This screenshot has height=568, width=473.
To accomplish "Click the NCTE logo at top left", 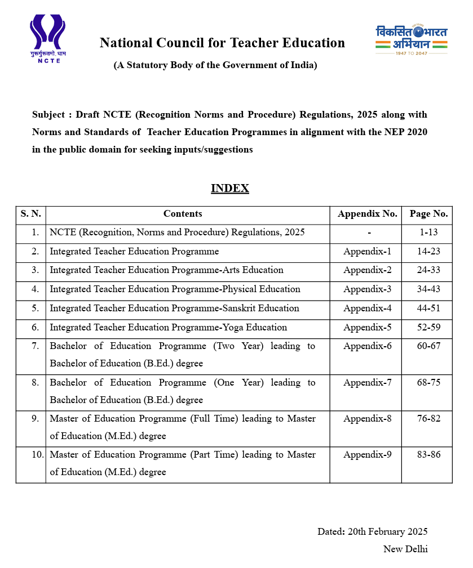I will [x=47, y=38].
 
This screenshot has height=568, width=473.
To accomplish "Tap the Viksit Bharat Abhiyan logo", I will [x=412, y=39].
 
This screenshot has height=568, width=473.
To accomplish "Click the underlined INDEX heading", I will [x=229, y=188].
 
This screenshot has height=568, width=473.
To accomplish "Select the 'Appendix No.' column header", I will [x=367, y=214].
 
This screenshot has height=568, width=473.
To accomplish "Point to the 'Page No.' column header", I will [x=428, y=214].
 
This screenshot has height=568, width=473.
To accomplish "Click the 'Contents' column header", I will [x=183, y=214].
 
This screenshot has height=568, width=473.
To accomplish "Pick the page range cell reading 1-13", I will [x=428, y=232].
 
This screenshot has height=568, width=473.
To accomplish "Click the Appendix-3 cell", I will [x=367, y=289].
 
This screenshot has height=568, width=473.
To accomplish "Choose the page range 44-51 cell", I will [x=428, y=308].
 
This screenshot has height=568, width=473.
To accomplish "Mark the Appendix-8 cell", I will [x=367, y=419].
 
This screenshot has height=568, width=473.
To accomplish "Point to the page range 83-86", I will [x=428, y=455].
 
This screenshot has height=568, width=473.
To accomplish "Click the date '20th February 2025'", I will [x=388, y=532].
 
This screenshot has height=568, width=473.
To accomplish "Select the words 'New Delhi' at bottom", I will [x=405, y=549].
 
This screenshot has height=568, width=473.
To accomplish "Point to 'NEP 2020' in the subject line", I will [x=408, y=132].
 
